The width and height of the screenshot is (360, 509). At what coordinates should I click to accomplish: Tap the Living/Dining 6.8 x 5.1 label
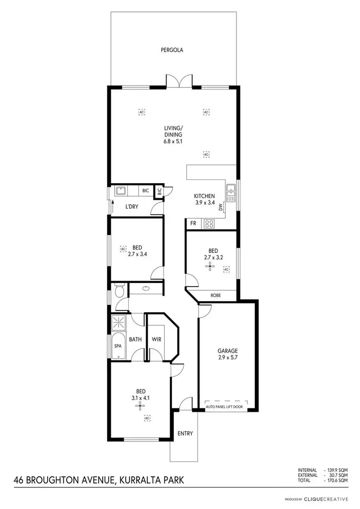tap(173, 135)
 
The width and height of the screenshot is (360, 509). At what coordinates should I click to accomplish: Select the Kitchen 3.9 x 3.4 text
tap(204, 199)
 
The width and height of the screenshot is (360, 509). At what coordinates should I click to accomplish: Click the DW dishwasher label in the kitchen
tap(221, 208)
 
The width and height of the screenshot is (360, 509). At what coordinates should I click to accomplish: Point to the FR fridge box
tap(193, 223)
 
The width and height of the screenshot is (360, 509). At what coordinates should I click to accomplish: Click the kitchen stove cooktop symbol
tap(209, 223)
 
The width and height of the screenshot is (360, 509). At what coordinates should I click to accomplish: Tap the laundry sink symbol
tap(120, 191)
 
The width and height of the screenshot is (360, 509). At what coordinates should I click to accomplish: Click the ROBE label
tap(216, 296)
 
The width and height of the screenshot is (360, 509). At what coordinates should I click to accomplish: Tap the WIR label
tap(156, 340)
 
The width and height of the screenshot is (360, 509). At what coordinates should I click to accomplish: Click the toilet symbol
tap(119, 291)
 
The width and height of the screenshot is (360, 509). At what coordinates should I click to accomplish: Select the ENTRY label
tap(185, 434)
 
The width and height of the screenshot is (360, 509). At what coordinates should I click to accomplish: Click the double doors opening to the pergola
tap(179, 82)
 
